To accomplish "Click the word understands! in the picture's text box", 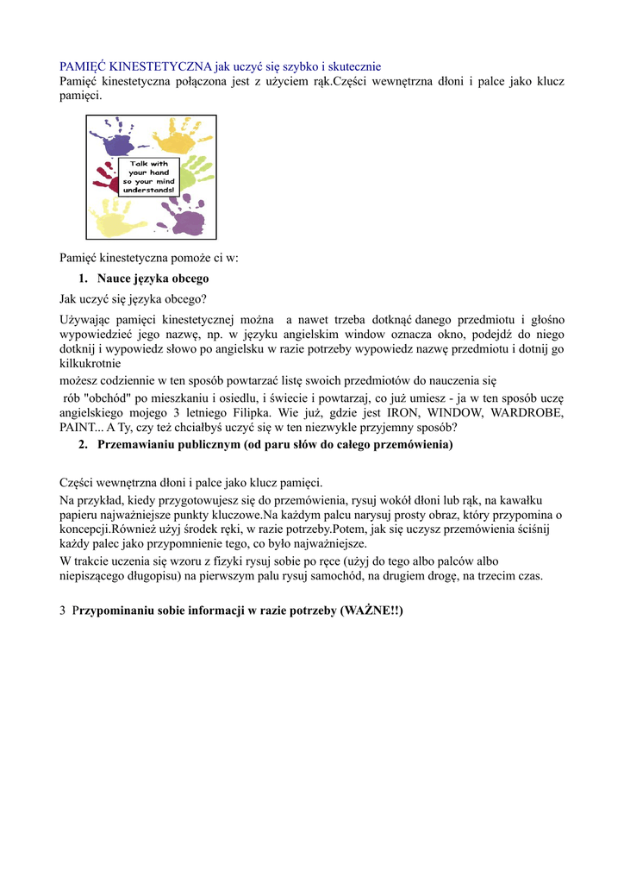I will pyautogui.click(x=148, y=190).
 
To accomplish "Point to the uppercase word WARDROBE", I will pyautogui.click(x=526, y=413).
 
